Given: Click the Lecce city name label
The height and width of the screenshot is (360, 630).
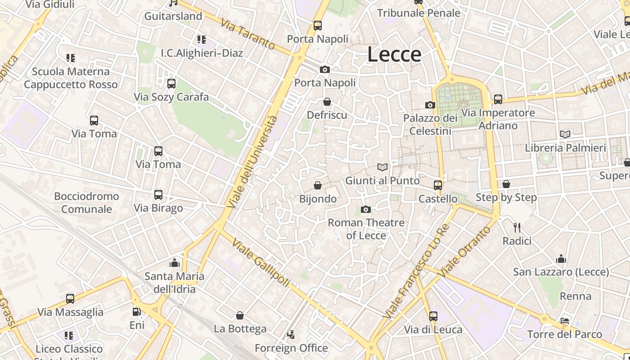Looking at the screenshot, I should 394,54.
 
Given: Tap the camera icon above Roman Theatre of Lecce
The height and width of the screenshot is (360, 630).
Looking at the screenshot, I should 366,209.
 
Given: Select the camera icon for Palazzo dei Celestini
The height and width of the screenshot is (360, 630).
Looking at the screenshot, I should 430,105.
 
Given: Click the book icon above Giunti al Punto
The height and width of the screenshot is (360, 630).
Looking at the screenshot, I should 382,167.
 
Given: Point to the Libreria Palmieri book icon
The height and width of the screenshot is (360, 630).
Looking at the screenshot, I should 565,134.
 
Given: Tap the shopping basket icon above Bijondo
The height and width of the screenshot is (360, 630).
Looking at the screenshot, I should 318,185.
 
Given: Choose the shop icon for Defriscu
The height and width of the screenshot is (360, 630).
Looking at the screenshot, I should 327,102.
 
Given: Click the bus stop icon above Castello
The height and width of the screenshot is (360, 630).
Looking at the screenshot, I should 438,185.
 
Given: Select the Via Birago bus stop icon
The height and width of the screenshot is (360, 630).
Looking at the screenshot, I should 158,195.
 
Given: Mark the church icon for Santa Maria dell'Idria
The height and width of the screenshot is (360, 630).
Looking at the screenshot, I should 175,263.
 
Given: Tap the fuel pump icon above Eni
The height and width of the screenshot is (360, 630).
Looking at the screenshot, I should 137,311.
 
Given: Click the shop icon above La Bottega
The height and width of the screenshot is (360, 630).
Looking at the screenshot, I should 240,315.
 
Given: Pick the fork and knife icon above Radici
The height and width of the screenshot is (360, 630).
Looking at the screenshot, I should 517,228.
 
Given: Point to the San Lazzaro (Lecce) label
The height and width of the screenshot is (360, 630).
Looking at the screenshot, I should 561,272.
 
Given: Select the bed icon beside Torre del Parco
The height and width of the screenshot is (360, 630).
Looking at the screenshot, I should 565,321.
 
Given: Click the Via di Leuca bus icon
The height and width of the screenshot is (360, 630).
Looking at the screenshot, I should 433,316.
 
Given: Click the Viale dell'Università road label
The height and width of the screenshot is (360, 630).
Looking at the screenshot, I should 252,162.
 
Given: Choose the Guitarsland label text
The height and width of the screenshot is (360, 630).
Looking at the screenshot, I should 173,16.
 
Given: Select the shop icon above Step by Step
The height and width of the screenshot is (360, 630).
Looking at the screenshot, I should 506,184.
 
